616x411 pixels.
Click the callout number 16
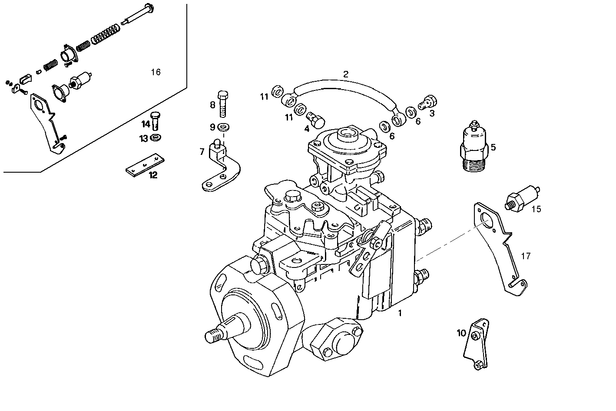point(156,72)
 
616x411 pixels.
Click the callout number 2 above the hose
point(345,74)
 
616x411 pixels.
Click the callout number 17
point(526,256)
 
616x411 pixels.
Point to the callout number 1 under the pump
point(400,313)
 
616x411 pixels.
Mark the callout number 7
point(202,151)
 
